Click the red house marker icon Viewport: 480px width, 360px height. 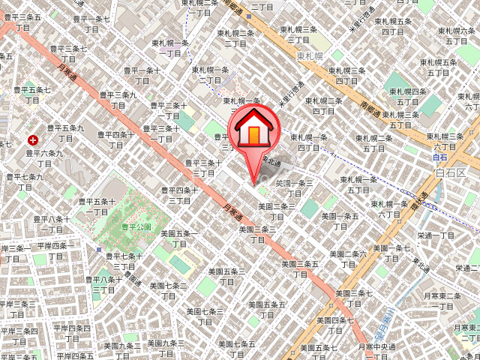(254, 129)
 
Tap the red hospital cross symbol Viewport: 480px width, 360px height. (33, 139)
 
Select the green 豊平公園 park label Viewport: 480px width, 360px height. (137, 226)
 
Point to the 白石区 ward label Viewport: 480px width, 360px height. (450, 173)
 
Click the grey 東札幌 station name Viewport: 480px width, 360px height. (309, 56)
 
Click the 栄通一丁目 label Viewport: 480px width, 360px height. (436, 235)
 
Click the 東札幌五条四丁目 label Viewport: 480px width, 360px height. (392, 27)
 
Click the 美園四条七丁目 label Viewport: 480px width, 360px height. (334, 325)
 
